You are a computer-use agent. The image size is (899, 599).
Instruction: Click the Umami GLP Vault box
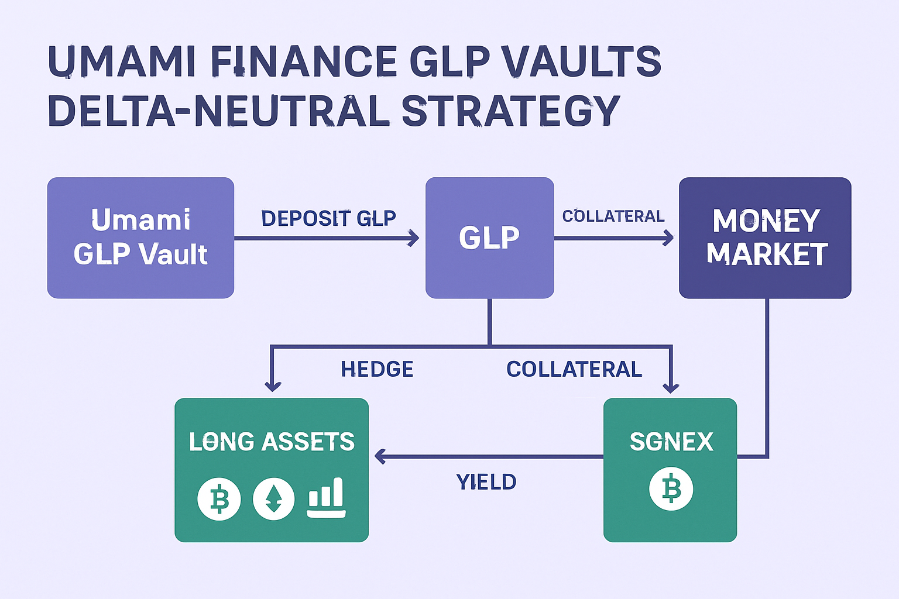tap(140, 237)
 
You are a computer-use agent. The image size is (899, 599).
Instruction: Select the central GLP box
tap(489, 237)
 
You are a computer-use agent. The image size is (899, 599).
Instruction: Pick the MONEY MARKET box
tap(765, 237)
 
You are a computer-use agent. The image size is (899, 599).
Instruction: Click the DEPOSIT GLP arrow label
tap(328, 218)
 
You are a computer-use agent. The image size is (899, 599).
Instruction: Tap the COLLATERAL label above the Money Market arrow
tap(613, 216)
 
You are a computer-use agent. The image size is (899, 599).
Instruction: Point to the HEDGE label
tap(377, 369)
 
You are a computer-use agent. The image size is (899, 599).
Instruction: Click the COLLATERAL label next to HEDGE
tap(574, 369)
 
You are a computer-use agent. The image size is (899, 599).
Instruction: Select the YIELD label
tap(486, 482)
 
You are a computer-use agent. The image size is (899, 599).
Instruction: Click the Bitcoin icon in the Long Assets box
tap(219, 499)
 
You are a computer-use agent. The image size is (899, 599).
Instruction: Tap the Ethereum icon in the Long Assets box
tap(273, 499)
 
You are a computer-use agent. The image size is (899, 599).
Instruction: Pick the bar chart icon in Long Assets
tap(327, 498)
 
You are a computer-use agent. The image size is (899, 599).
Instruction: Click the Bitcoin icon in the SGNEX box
tap(671, 488)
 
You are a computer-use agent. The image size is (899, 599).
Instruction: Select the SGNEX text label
tap(671, 442)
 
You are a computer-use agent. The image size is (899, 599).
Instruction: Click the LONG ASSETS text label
tap(272, 442)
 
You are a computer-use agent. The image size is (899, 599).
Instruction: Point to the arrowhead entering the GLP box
tap(414, 238)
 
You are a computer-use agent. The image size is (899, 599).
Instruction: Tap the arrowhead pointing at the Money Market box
tap(668, 238)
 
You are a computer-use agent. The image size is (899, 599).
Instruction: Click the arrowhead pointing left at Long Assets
tap(380, 456)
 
